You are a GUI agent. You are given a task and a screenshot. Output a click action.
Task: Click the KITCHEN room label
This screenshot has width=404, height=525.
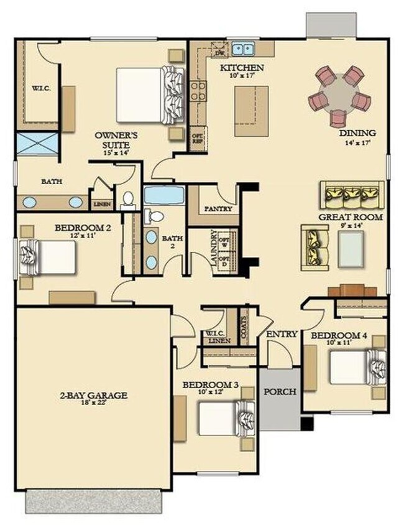242,68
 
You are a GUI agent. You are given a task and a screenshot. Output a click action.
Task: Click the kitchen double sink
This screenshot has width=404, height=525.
243,48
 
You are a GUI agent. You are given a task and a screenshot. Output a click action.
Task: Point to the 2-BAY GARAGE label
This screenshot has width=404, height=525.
94,395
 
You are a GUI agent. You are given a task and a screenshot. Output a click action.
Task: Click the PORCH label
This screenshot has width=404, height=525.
280,392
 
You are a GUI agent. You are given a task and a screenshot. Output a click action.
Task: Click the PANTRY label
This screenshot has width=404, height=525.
218,209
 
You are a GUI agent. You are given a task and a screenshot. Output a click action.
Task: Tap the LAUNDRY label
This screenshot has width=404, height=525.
214,249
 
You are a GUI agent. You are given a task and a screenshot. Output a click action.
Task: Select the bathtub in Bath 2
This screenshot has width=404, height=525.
164,195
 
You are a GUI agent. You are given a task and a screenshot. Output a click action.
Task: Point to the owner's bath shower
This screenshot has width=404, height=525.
36,144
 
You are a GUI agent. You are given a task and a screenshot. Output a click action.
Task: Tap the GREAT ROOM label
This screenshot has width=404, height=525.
351,217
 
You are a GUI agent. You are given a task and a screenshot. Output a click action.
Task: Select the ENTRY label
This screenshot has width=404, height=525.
282,335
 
